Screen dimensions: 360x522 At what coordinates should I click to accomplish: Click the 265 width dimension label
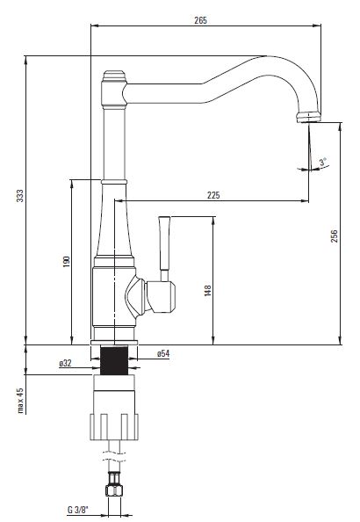(x=200, y=20)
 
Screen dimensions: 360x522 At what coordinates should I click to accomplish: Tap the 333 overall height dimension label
(x=20, y=196)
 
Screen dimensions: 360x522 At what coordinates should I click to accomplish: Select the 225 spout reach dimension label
(x=213, y=195)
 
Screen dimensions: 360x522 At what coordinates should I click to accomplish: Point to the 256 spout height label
(x=334, y=236)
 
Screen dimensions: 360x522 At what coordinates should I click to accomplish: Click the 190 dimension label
(x=67, y=261)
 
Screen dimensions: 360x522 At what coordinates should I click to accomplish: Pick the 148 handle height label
(x=208, y=290)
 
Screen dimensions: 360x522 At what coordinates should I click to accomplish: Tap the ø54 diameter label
(x=163, y=353)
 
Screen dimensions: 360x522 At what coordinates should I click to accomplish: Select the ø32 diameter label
(x=65, y=363)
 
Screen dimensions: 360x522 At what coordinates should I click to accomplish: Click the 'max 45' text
(x=20, y=400)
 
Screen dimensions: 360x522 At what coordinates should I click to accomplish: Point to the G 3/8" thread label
(x=78, y=510)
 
